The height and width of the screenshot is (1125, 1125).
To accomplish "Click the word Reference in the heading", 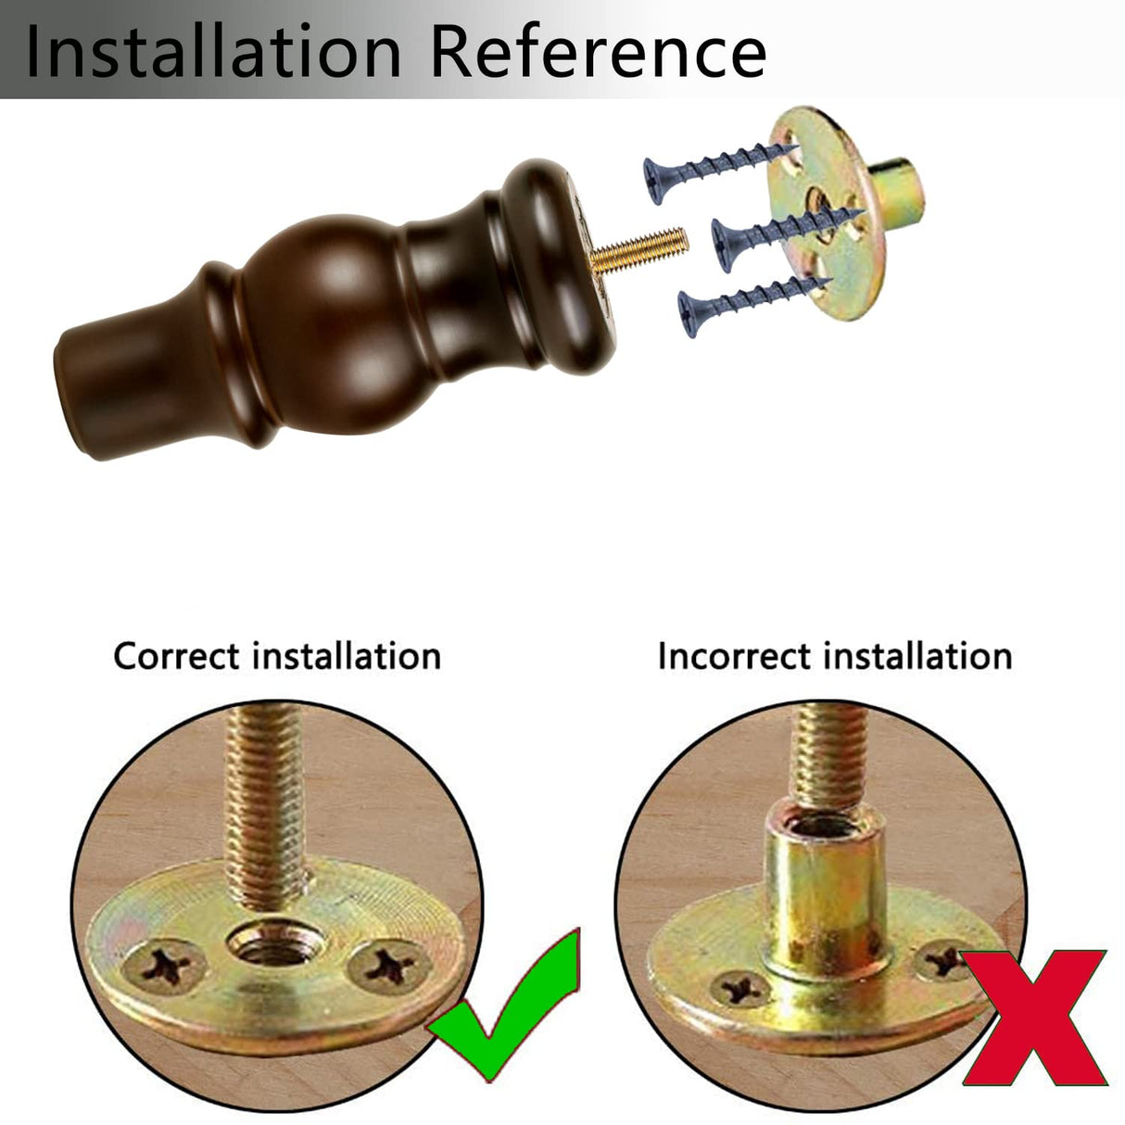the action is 598,50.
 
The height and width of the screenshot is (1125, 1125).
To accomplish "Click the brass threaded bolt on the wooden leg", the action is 639,249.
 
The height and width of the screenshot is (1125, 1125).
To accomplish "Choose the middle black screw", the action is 788,236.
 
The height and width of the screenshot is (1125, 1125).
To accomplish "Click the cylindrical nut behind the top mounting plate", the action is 896,188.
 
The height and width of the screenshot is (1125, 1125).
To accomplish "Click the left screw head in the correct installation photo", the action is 165,966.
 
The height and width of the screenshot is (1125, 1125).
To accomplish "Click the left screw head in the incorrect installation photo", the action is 741,989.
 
